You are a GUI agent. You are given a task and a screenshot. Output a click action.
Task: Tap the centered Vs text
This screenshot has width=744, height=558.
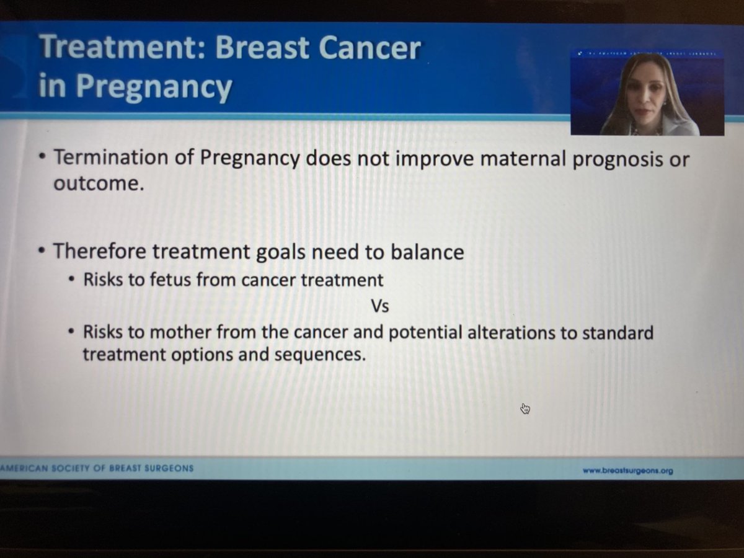pos(380,306)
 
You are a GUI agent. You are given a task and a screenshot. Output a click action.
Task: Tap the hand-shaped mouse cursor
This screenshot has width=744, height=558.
pos(526,408)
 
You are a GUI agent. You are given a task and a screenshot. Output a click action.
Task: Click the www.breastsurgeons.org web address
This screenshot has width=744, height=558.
pos(627,471)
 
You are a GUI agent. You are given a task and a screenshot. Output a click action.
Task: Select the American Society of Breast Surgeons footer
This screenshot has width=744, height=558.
pos(97,468)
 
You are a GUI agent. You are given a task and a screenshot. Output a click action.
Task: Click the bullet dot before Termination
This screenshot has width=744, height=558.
pos(41,159)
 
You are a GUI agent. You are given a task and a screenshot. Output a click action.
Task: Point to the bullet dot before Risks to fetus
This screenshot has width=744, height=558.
pos(72,280)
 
